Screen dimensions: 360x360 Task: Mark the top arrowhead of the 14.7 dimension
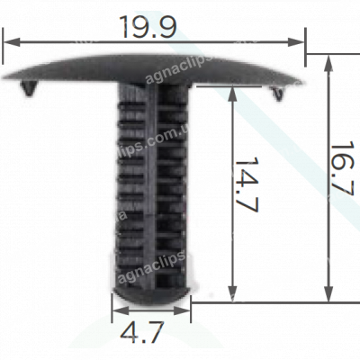coord(235,94)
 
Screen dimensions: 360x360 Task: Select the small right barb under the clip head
coord(277,91)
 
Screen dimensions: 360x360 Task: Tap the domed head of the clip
coord(153,67)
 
